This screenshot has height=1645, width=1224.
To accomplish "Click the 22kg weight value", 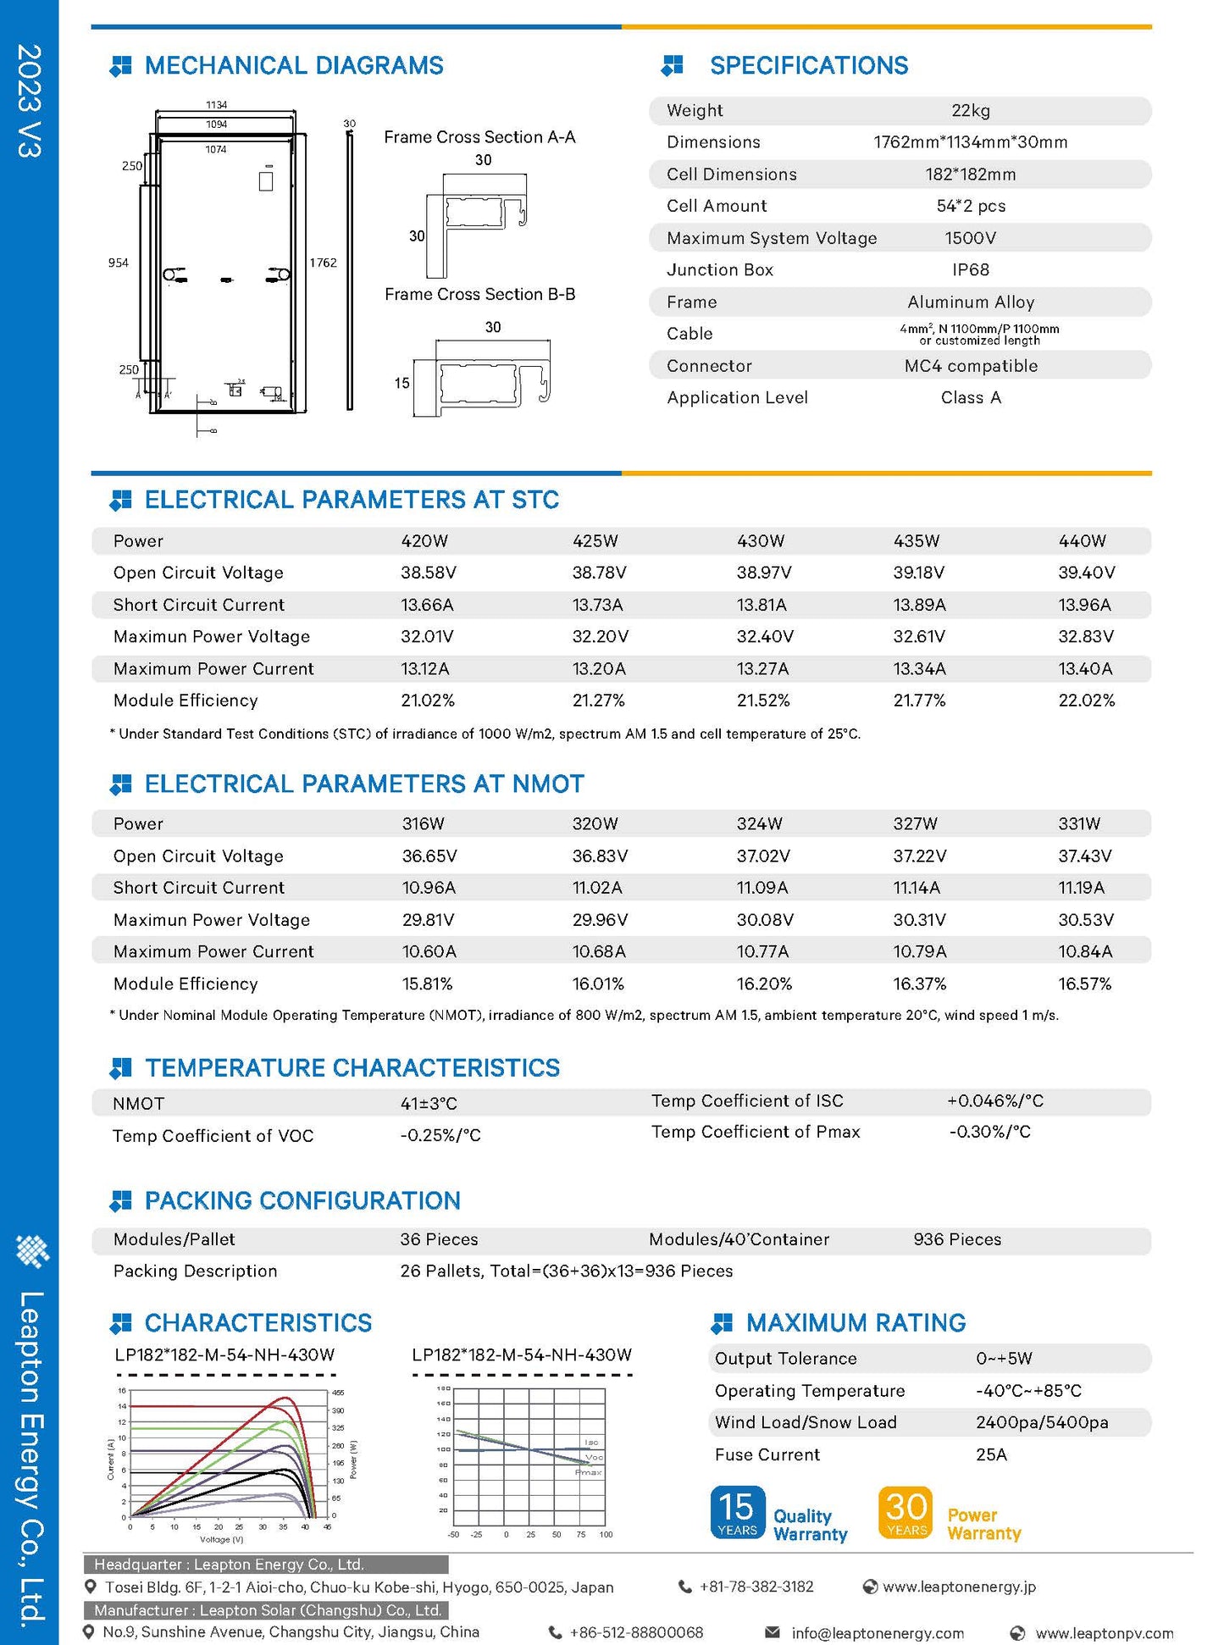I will click(x=970, y=111).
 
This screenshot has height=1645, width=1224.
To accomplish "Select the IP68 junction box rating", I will click(x=970, y=270).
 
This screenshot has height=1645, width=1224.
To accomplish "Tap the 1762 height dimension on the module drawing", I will click(x=323, y=263).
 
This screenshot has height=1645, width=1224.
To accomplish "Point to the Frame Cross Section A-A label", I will click(x=479, y=137).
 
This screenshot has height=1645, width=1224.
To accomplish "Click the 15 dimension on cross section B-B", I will click(x=402, y=384).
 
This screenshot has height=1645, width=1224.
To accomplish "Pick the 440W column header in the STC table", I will click(x=1082, y=541).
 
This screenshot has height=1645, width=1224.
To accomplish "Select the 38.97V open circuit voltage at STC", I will click(x=763, y=573).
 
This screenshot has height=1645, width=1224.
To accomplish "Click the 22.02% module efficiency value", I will click(x=1086, y=701).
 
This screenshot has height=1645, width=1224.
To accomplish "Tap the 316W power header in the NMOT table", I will click(x=423, y=824).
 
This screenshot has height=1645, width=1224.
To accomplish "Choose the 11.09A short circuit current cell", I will click(x=762, y=888).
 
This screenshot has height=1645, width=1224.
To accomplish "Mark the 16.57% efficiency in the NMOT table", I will click(x=1084, y=984).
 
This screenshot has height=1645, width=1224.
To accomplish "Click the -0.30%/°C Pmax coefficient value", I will click(x=989, y=1133).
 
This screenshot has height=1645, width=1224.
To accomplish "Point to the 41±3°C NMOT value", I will click(x=429, y=1104).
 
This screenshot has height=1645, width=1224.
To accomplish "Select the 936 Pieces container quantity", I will click(x=956, y=1240).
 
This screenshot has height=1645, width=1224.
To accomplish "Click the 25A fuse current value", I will click(x=991, y=1455).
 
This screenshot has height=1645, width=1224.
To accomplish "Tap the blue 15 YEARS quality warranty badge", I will click(x=737, y=1512).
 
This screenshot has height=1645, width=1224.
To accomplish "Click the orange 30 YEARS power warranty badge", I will click(x=906, y=1512).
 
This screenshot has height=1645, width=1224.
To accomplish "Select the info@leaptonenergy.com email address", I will click(x=877, y=1633).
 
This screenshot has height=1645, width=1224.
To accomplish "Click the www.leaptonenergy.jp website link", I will click(x=958, y=1587).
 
